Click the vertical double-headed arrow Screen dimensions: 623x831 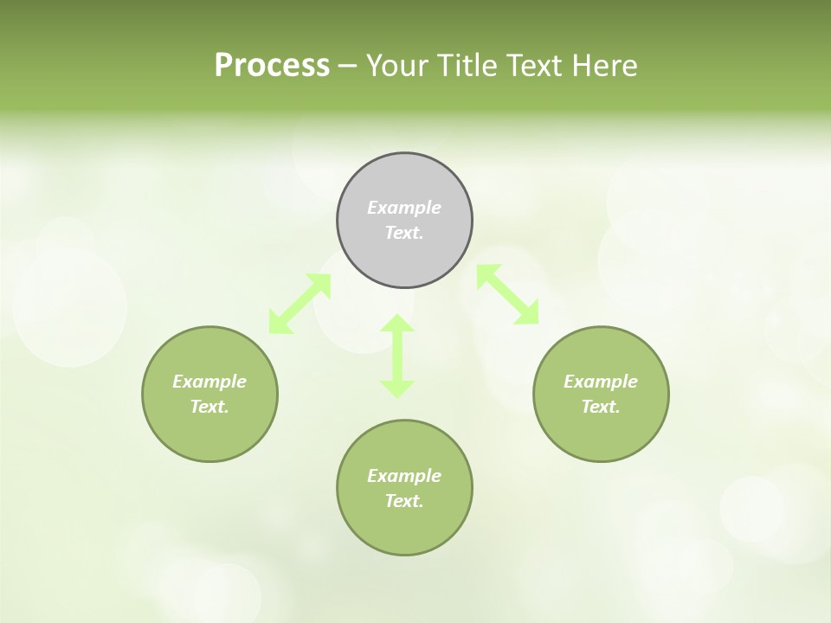coord(397,356)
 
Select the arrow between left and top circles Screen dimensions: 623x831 coord(300,304)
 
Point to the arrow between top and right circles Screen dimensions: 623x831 coord(508,295)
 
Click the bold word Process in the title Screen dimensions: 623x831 coord(272,66)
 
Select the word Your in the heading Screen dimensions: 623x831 coord(397,66)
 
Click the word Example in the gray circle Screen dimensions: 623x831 coord(404,208)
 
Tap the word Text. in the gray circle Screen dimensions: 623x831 coord(404,233)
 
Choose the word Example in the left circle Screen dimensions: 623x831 coord(209,382)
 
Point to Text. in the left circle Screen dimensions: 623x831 coord(209,407)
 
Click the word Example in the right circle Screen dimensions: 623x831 coord(601,382)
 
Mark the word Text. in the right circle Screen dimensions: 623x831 coord(601,407)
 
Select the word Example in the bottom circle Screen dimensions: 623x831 coord(404,476)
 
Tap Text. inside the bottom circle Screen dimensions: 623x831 coord(404,501)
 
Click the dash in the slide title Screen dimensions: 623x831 coord(348,67)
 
